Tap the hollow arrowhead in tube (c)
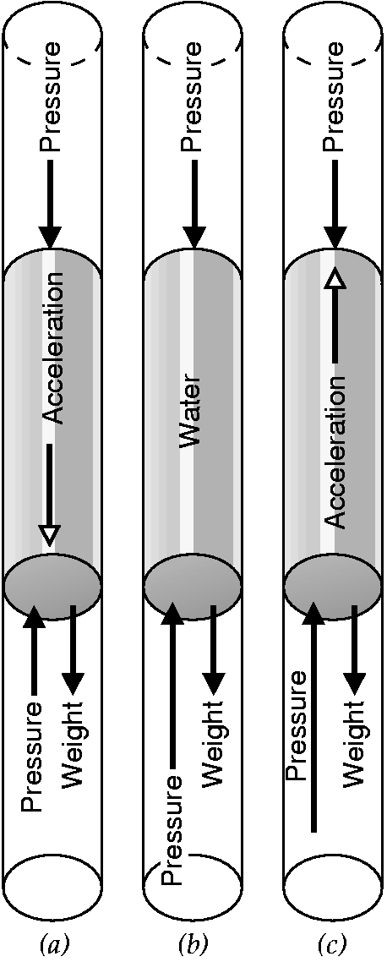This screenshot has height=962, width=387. [x=334, y=283]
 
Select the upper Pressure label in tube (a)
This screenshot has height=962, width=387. [x=52, y=97]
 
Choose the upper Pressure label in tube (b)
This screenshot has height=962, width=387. [x=193, y=97]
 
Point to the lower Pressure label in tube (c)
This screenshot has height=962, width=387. [x=297, y=724]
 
